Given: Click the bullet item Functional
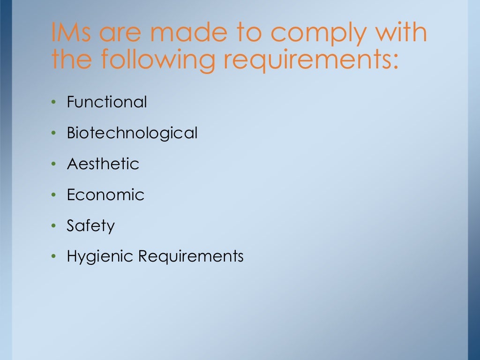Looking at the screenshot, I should (107, 102).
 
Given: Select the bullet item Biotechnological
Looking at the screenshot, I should (132, 133).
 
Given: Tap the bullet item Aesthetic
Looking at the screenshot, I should (103, 164).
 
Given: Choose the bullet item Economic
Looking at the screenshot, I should (105, 195).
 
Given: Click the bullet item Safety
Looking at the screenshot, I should (90, 226).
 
